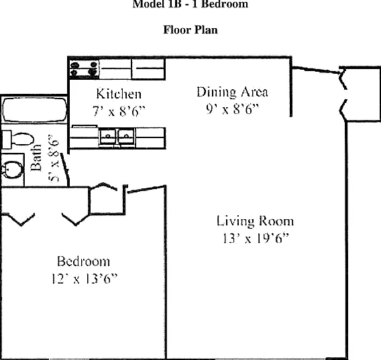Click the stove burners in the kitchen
84,68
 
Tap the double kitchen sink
117,137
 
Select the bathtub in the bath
34,110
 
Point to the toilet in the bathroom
18,139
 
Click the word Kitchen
119,94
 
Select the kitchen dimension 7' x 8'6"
119,111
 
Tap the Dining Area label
232,93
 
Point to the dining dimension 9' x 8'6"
233,109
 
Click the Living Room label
255,221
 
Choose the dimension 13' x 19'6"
256,238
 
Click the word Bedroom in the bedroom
83,261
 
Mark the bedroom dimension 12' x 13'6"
85,279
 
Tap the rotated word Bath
36,158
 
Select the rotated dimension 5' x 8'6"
54,158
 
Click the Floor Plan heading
190,30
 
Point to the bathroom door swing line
65,170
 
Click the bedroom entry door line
146,189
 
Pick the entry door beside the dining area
316,70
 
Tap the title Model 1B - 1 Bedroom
190,4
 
